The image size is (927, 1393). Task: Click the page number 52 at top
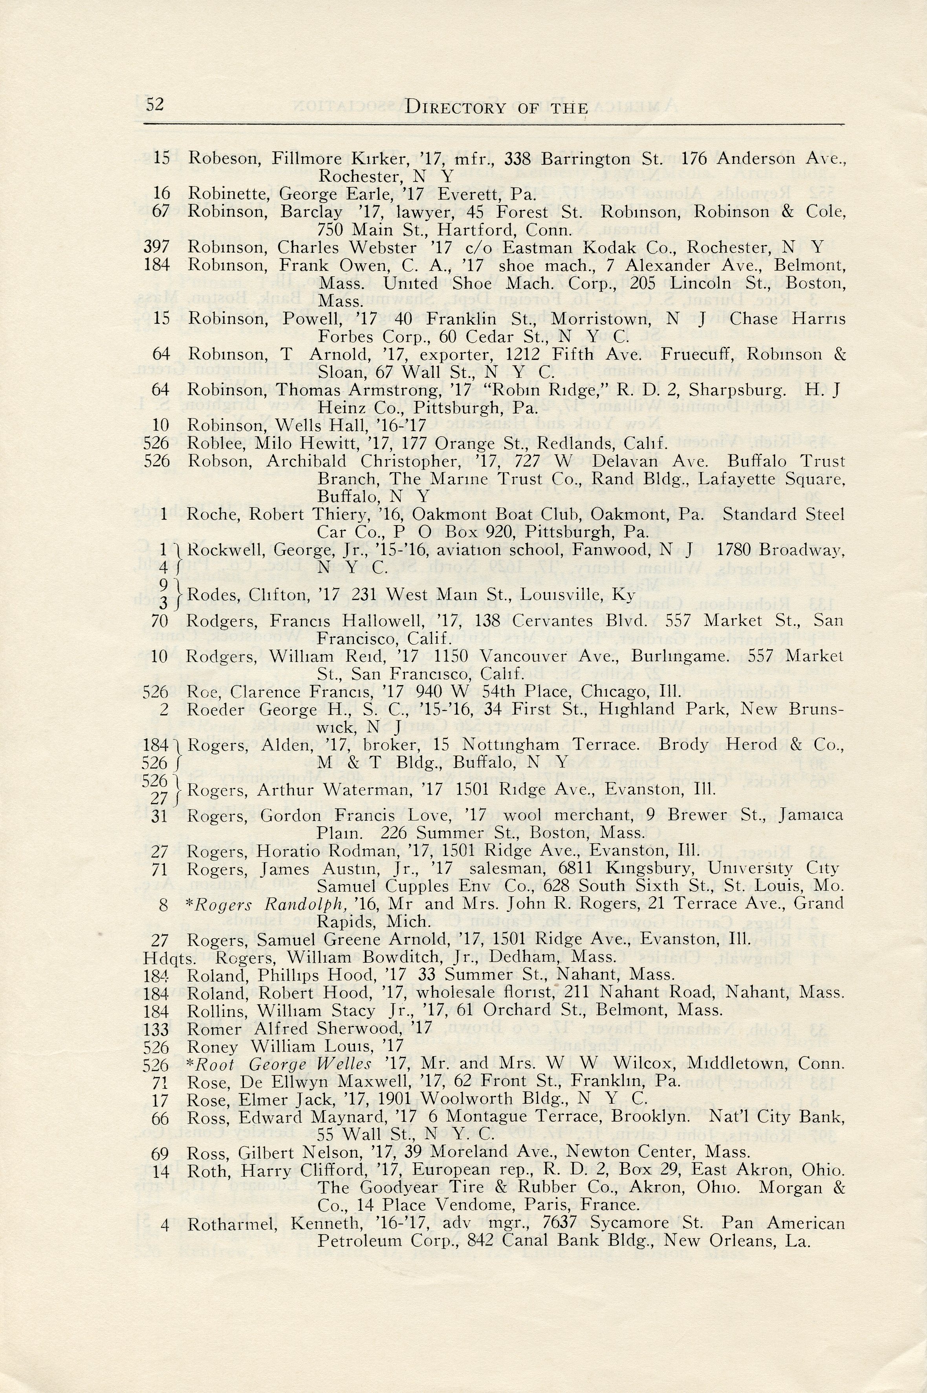pos(154,104)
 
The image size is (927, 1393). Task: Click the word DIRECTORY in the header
pos(455,108)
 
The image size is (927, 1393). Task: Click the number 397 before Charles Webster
pos(157,247)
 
